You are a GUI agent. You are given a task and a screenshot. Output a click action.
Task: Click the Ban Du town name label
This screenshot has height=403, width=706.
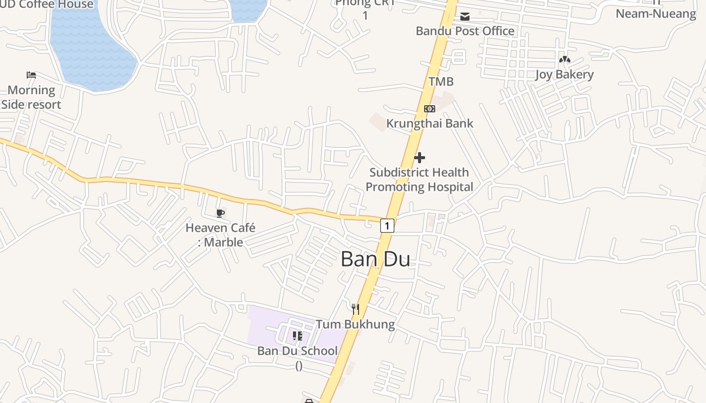point(375,259)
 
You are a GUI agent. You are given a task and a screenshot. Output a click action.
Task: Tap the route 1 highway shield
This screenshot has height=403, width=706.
point(387,225)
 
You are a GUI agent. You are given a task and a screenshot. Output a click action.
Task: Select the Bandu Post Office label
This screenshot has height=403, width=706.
point(464,31)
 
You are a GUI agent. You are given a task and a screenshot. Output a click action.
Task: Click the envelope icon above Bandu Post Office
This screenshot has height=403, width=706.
point(464,17)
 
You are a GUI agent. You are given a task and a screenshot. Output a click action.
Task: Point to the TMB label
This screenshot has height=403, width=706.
point(441,82)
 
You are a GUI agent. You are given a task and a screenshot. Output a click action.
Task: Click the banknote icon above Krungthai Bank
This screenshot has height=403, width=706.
point(429,108)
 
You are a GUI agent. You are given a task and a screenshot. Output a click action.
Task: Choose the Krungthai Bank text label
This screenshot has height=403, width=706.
point(430,123)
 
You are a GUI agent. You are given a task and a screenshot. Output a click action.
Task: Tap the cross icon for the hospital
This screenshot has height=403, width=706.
point(419,158)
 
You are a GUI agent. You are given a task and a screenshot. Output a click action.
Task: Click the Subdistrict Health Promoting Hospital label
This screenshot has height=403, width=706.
point(419,179)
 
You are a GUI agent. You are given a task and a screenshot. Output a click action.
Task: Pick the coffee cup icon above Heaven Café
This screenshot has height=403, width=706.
point(220,213)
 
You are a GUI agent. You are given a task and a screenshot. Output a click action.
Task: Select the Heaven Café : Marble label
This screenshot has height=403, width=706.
point(220,235)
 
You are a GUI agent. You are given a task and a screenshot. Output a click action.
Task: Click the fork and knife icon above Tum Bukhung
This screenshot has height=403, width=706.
point(356,309)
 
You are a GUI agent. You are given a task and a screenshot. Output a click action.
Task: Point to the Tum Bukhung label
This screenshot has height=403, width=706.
point(356,324)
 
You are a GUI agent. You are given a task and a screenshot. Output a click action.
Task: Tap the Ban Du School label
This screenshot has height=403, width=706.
point(298,351)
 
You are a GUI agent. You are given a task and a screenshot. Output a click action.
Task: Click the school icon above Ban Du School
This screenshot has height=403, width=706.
point(298,335)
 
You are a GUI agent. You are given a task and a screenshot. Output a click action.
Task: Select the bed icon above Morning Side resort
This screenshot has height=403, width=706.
point(31,75)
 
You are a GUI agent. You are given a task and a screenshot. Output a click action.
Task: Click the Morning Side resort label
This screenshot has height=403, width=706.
point(31,97)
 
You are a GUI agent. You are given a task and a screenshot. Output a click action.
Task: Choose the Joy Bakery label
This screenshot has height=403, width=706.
point(564,75)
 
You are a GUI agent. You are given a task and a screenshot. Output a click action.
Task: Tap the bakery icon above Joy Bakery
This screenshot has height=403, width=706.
point(564,60)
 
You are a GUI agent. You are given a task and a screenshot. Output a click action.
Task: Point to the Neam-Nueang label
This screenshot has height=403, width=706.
point(656,14)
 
